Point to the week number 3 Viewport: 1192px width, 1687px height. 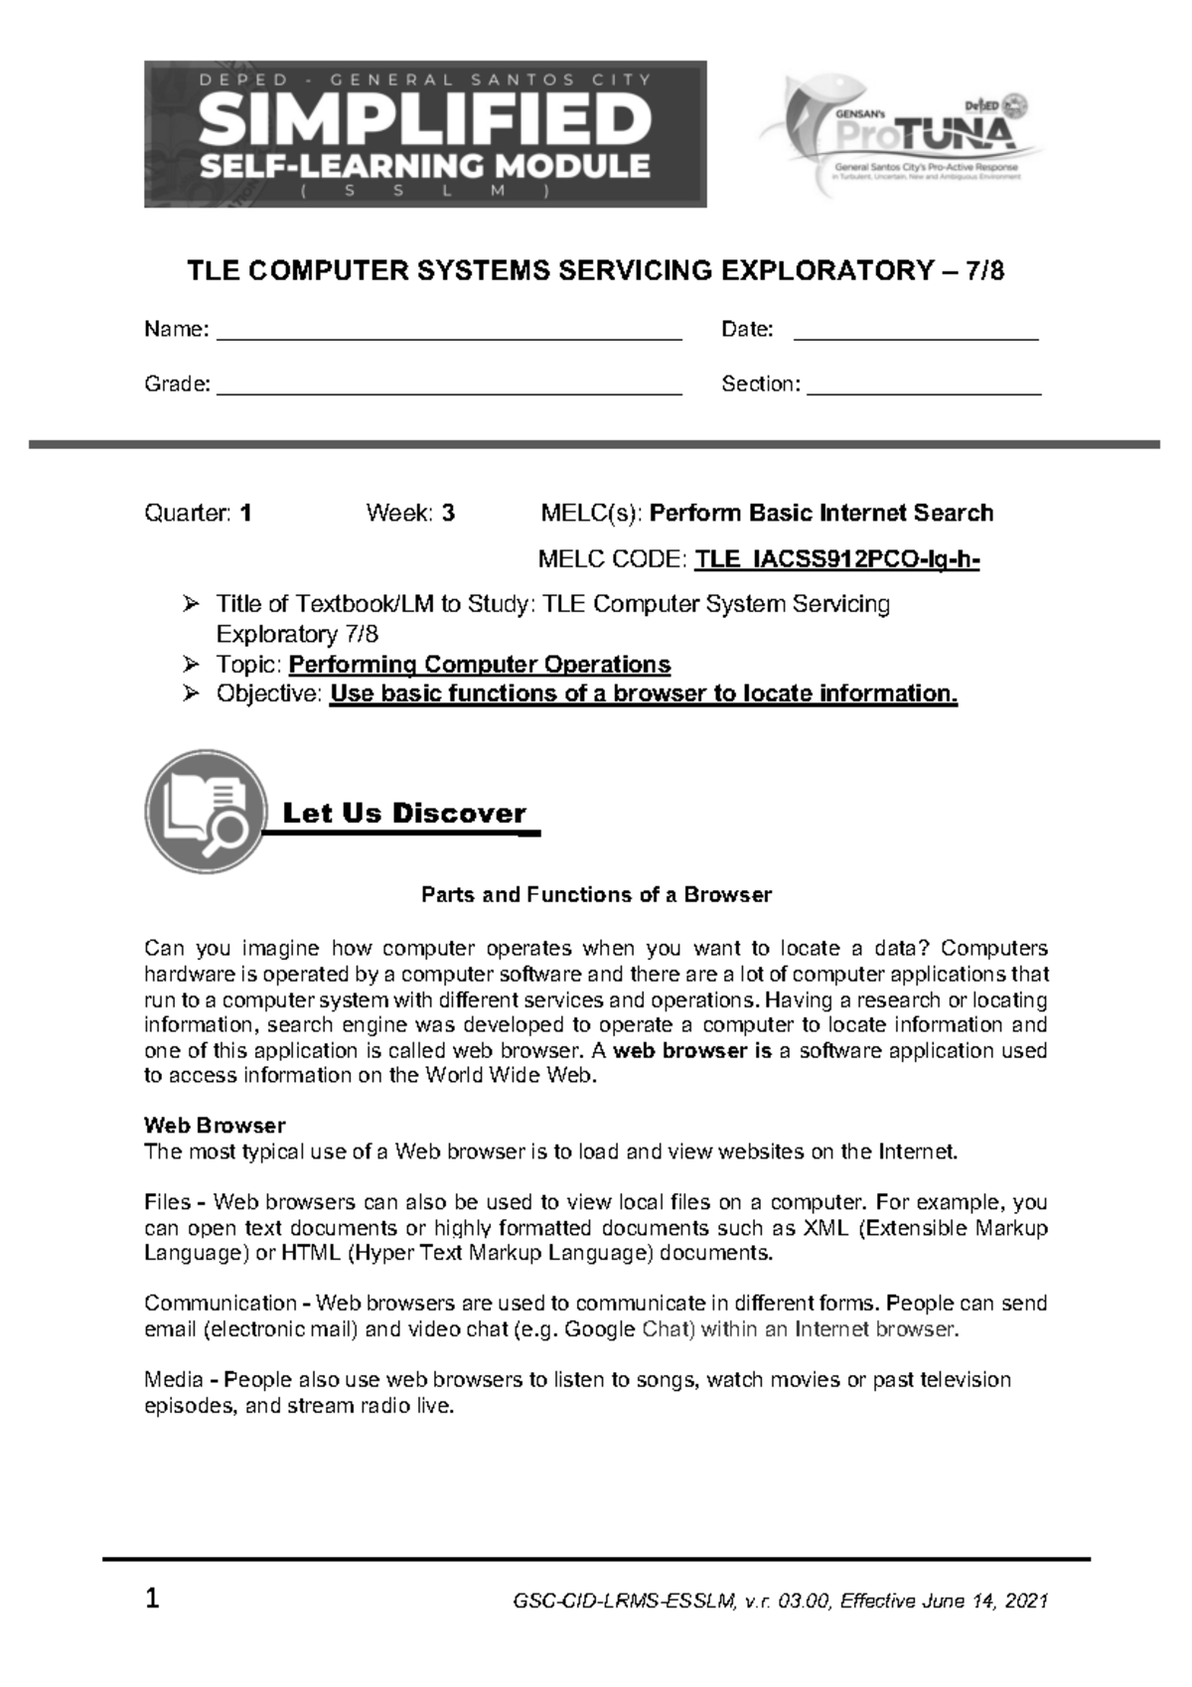tap(449, 514)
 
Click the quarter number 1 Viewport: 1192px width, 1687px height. tap(245, 514)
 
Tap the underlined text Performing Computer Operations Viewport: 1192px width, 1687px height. tap(480, 664)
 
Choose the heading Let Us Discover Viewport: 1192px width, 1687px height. tap(404, 814)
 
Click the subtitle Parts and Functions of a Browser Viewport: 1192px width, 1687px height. tap(596, 894)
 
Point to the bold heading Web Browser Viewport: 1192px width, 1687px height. tap(215, 1126)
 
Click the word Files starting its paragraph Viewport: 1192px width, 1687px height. tap(167, 1202)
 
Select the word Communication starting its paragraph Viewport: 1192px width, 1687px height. tap(220, 1304)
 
